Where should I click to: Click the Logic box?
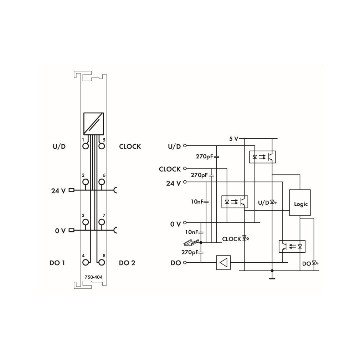pos(300,202)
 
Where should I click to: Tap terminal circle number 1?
pos(86,146)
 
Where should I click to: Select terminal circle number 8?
pos(102,262)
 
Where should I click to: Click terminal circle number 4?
pos(86,262)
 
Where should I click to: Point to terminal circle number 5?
pos(102,146)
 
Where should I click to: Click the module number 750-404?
pos(93,277)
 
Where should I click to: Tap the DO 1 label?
pos(57,263)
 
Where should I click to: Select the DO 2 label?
pos(127,263)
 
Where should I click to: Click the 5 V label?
pos(234,139)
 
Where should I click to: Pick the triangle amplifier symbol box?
pos(223,262)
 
